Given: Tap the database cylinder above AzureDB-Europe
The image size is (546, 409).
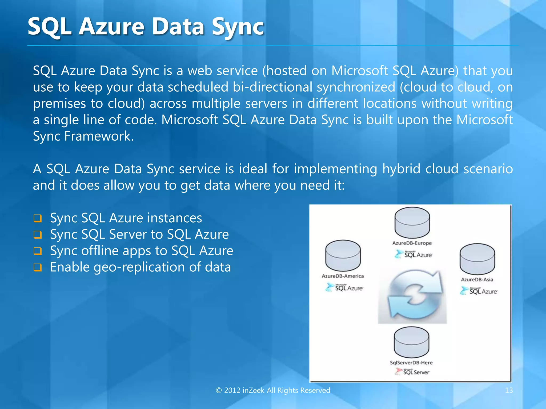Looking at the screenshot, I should pyautogui.click(x=412, y=223).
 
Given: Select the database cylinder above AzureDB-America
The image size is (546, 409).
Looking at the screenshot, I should pyautogui.click(x=343, y=256).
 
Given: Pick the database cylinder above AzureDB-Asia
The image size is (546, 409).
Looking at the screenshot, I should pyautogui.click(x=477, y=259).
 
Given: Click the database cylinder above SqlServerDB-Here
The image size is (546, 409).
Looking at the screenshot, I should pyautogui.click(x=411, y=343).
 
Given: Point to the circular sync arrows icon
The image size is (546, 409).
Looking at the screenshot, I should pyautogui.click(x=412, y=296).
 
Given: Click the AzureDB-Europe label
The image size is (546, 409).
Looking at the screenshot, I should pyautogui.click(x=412, y=243).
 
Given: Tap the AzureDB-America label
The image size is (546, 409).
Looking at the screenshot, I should pyautogui.click(x=343, y=276).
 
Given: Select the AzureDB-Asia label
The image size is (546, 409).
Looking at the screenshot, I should pyautogui.click(x=477, y=280).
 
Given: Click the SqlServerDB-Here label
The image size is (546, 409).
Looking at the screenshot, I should pyautogui.click(x=411, y=363).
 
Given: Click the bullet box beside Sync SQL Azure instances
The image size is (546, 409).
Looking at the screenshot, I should pyautogui.click(x=38, y=219).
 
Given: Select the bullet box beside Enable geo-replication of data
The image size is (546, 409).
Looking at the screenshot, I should pyautogui.click(x=38, y=268).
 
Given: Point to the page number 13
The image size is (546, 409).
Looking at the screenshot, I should pyautogui.click(x=509, y=390).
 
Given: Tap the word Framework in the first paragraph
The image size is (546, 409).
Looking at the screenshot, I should pyautogui.click(x=99, y=136).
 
